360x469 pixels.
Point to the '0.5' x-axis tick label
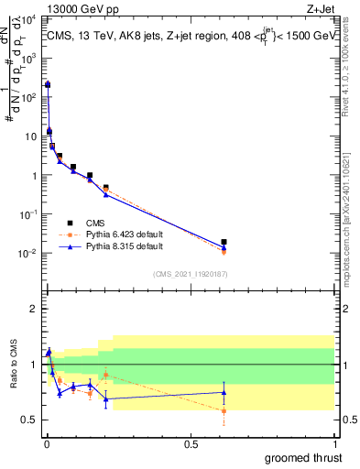click(191, 443)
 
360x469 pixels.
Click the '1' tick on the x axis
click(334, 443)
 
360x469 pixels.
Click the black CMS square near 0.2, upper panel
click(106, 187)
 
